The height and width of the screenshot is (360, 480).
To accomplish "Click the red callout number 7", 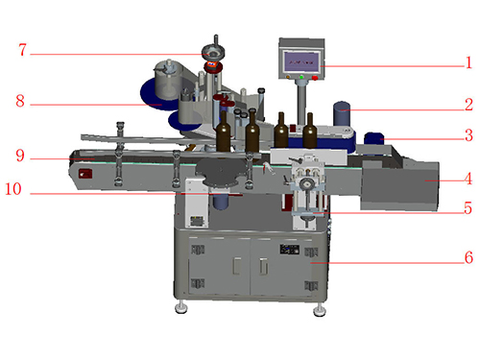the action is (22, 50).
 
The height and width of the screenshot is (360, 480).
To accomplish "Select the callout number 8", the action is (20, 101).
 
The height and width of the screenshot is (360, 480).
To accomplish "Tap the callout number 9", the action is (20, 156).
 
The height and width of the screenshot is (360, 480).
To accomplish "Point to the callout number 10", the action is (13, 189).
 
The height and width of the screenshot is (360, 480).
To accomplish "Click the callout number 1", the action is (468, 62).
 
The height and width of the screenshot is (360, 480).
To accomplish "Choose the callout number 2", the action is (468, 105).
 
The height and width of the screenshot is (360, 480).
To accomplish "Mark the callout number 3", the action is (468, 135).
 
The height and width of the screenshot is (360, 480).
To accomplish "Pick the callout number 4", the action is (468, 179).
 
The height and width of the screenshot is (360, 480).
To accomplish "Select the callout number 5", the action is (468, 208).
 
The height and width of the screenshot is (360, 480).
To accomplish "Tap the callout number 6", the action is (468, 257).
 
